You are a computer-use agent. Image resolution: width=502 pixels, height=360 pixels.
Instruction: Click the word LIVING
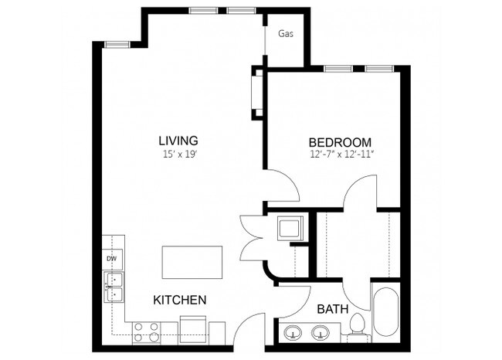(178, 141)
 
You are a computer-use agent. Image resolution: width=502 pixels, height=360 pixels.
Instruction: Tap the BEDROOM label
(340, 142)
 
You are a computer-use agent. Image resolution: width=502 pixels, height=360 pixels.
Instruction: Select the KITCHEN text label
(178, 300)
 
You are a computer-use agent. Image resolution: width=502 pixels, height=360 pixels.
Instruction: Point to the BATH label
(333, 309)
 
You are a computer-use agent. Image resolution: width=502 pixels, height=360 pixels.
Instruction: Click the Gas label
(286, 34)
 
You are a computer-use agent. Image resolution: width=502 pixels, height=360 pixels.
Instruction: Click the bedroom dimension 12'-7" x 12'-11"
(340, 155)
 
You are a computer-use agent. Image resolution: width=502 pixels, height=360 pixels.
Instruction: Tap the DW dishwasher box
(111, 259)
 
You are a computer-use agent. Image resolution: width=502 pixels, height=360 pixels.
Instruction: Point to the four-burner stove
(147, 331)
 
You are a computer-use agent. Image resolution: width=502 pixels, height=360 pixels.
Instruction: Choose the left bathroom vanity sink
(293, 334)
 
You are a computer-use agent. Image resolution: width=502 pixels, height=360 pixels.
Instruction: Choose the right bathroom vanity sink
(321, 334)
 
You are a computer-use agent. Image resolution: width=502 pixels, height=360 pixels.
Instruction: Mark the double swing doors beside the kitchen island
(252, 239)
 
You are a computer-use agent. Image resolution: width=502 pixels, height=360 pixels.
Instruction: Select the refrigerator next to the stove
(193, 328)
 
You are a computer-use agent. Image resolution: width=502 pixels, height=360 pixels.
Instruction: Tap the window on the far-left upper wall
(117, 43)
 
